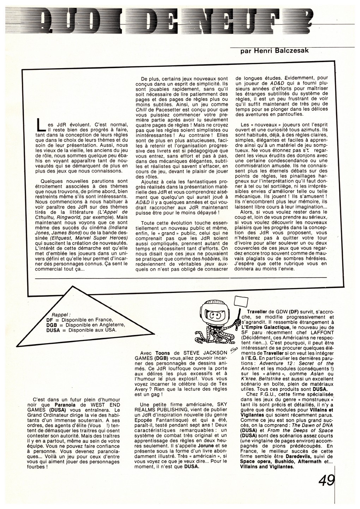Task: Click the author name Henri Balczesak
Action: [x=274, y=51]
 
